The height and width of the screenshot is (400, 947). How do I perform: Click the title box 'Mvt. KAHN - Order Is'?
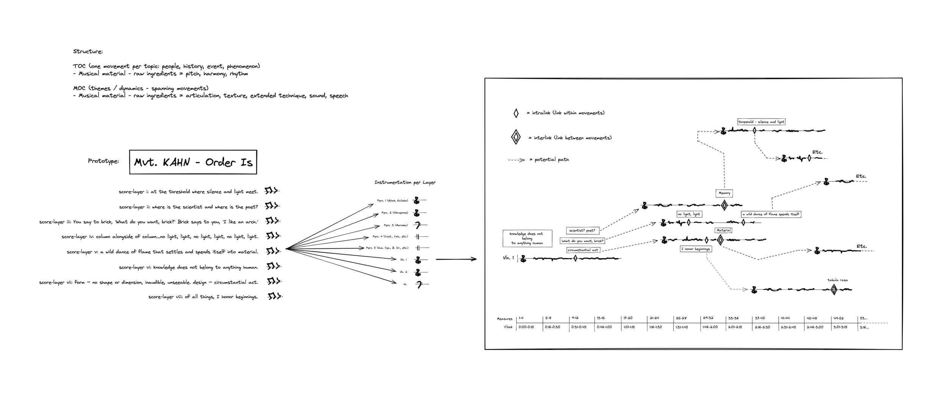(193, 162)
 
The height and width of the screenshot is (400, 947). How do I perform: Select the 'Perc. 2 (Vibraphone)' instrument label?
(394, 213)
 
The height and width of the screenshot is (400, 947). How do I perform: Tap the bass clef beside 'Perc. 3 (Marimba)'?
(417, 225)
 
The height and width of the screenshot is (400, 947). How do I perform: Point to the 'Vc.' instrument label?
(405, 284)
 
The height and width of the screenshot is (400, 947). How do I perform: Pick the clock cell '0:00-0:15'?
(526, 327)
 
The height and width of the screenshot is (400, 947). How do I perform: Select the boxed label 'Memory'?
(724, 193)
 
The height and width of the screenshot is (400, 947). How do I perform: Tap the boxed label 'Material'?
(723, 230)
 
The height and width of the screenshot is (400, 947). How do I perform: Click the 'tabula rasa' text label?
(838, 280)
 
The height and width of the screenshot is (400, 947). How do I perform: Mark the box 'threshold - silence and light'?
(761, 122)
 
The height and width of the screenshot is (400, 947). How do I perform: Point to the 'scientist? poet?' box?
(582, 230)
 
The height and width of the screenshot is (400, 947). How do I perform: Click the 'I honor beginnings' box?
(695, 249)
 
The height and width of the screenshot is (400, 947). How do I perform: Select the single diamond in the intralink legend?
(516, 113)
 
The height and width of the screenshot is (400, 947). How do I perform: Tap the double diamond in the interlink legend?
(516, 137)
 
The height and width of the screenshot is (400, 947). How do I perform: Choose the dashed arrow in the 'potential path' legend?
(516, 160)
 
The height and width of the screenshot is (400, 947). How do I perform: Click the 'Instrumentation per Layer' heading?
(405, 183)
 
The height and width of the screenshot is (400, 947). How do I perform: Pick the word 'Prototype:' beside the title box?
(103, 161)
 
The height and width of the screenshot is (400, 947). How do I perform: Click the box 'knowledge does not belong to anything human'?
(527, 239)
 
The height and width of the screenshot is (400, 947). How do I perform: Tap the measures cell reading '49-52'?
(838, 318)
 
